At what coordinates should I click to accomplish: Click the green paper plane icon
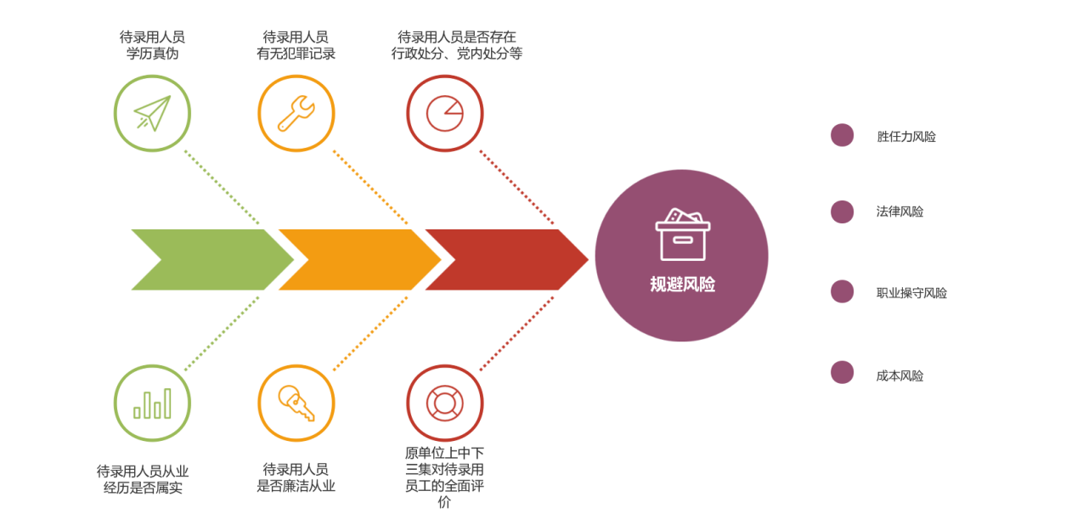(x=152, y=113)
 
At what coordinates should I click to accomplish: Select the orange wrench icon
(x=296, y=113)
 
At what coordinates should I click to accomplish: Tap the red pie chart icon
(x=444, y=113)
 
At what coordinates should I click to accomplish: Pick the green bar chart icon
(x=152, y=404)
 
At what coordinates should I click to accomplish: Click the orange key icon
(x=296, y=404)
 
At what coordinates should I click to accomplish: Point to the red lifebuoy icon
(x=444, y=404)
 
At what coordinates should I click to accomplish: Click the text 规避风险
(x=682, y=285)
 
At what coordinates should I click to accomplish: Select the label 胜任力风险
(x=906, y=137)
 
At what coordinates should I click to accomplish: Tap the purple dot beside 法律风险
(x=842, y=212)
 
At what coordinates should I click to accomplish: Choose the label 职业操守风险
(x=911, y=293)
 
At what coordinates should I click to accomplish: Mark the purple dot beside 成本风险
(x=842, y=372)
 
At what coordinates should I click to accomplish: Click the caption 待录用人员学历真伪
(x=152, y=45)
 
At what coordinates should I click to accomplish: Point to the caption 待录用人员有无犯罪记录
(x=296, y=45)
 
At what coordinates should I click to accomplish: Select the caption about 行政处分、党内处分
(x=457, y=45)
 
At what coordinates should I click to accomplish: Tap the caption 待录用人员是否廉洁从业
(x=296, y=477)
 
